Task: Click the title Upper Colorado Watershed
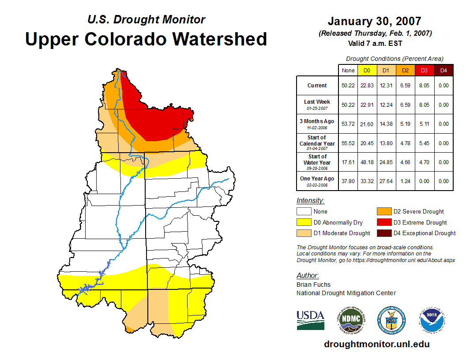click(146, 39)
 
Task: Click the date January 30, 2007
click(374, 21)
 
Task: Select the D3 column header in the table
click(424, 70)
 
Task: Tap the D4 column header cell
click(443, 70)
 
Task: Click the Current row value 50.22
click(348, 86)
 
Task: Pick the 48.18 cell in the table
click(367, 162)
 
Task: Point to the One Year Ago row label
click(317, 179)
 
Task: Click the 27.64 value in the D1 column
click(386, 181)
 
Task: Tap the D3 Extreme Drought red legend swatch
click(383, 222)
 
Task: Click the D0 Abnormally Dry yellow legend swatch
click(303, 222)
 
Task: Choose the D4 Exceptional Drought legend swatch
click(383, 233)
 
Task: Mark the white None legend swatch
click(303, 212)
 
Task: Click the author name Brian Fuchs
click(313, 285)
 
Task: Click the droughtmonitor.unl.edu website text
click(376, 344)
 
